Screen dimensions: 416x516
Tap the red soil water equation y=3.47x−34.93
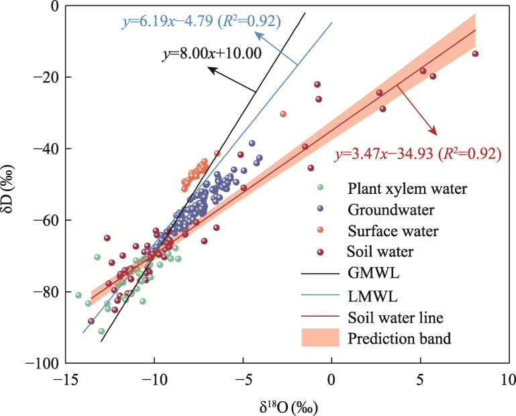tap(417, 154)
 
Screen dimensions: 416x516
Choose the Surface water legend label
tap(393, 231)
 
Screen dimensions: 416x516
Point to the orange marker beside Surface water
tap(320, 230)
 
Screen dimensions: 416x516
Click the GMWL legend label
tap(370, 274)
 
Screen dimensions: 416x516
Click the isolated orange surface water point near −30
tap(283, 114)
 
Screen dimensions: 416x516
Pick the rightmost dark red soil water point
tap(475, 54)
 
